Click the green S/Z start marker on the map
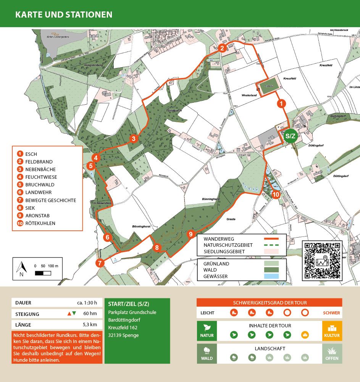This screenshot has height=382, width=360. pos(291,136)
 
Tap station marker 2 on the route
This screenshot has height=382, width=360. pos(222,48)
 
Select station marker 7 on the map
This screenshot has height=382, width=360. pos(100,263)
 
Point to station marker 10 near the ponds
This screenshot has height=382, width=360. pos(276,194)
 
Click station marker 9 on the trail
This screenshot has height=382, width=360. pos(191,234)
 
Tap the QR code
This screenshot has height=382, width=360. pos(322,260)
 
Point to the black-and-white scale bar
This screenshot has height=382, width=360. pos(43,273)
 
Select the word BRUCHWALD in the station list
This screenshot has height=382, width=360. pos(40,185)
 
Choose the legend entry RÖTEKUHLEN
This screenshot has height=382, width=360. pos(40,223)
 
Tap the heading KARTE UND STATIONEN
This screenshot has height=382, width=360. pos(64,15)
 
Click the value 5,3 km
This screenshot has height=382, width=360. pos(90,325)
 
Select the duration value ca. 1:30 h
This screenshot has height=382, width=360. pos(87,303)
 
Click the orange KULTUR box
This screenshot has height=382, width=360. pos(332,331)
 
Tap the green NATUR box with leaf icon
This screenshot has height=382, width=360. pos(207,331)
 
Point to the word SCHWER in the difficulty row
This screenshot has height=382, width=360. pos(331,313)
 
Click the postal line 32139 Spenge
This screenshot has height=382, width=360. pos(123,335)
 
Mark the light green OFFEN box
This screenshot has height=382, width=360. pos(332,354)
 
